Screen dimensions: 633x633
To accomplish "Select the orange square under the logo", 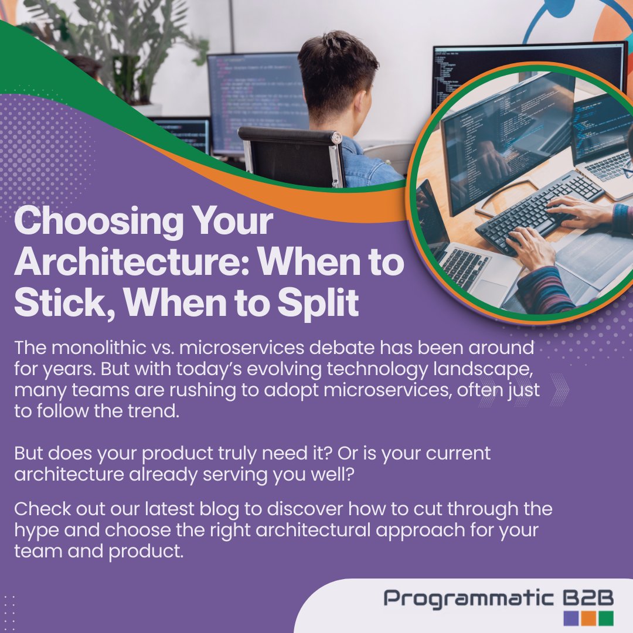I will click(589, 618).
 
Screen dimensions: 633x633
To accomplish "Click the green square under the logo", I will click(607, 618).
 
